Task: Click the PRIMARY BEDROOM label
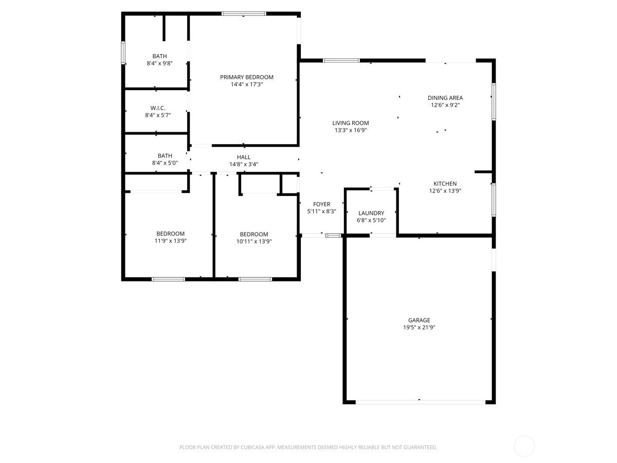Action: coord(246,77)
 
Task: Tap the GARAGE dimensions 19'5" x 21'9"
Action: coord(419,327)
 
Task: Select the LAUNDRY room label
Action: coord(371,213)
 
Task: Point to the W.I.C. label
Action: coord(158,108)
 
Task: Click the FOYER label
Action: coord(321,204)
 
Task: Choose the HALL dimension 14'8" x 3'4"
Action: coord(244,164)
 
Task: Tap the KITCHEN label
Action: coord(445,184)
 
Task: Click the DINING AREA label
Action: coord(445,98)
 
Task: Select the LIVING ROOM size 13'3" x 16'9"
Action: coord(351,130)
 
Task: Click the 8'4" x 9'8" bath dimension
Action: coord(159,63)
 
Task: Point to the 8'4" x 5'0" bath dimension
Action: coord(165,163)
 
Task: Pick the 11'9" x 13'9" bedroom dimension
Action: coord(170,241)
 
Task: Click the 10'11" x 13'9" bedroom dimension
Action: coord(254,241)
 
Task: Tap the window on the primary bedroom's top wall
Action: coord(244,13)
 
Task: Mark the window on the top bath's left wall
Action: coord(123,52)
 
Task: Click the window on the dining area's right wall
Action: coord(494,101)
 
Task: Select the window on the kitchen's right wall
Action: coord(494,200)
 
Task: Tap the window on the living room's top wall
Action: coord(341,60)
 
